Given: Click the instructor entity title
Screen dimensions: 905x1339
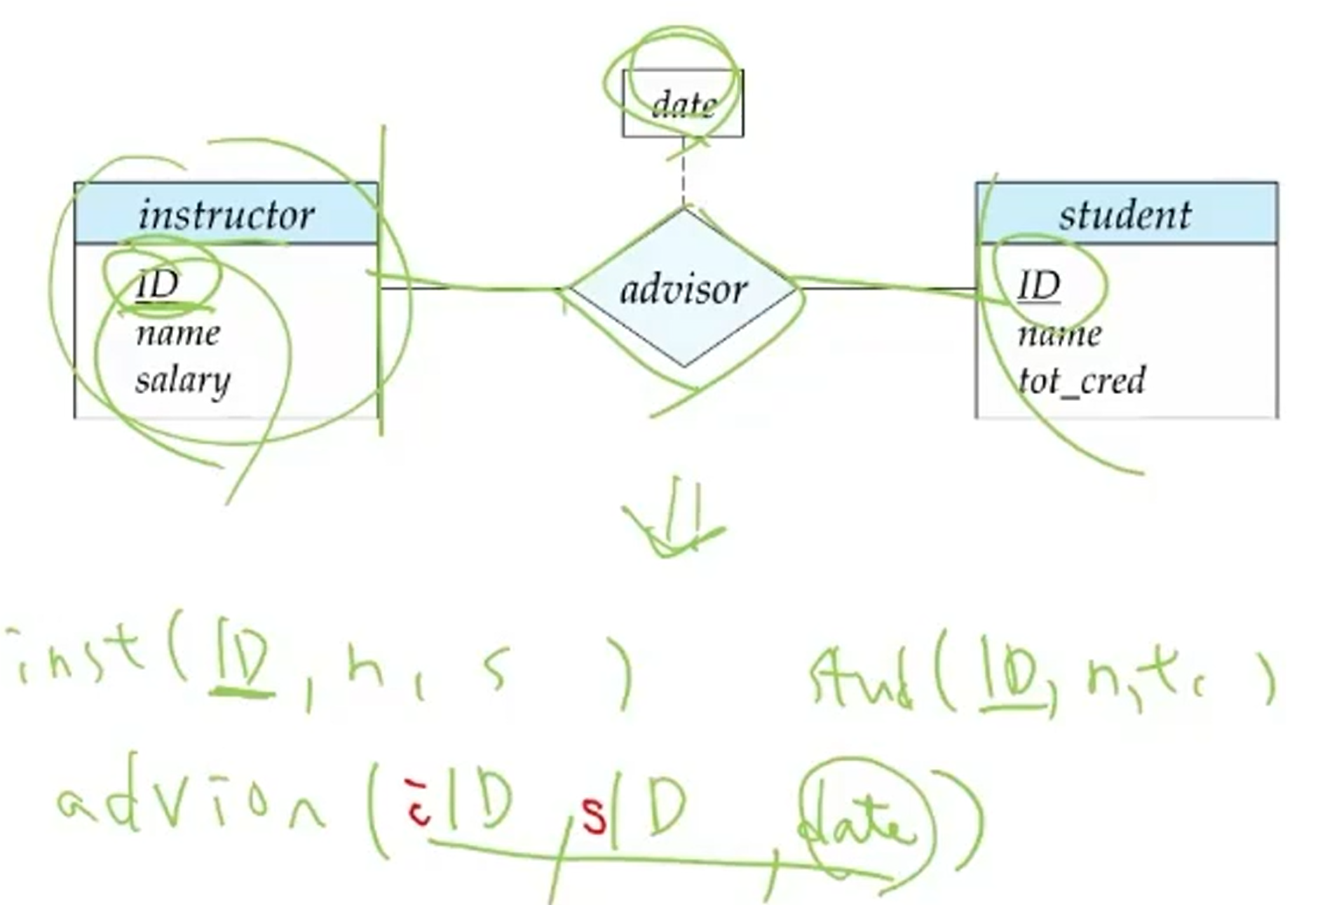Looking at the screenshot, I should click(226, 215).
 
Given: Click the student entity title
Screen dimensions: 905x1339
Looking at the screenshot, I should click(1124, 215).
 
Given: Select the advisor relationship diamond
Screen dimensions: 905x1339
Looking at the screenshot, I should click(684, 289).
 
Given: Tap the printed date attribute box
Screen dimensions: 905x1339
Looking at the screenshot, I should click(683, 104).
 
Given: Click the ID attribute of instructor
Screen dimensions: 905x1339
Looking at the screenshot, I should click(158, 284).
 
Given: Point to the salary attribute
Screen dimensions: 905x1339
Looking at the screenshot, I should click(183, 381).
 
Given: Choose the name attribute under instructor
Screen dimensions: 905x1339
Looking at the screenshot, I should click(178, 333).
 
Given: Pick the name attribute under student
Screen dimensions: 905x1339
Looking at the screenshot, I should click(1059, 334).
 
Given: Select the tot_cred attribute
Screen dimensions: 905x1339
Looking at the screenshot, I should click(1081, 381).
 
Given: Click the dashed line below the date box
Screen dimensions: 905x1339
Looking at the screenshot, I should click(684, 172).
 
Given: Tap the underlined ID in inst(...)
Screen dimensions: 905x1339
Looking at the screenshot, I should click(243, 666).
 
